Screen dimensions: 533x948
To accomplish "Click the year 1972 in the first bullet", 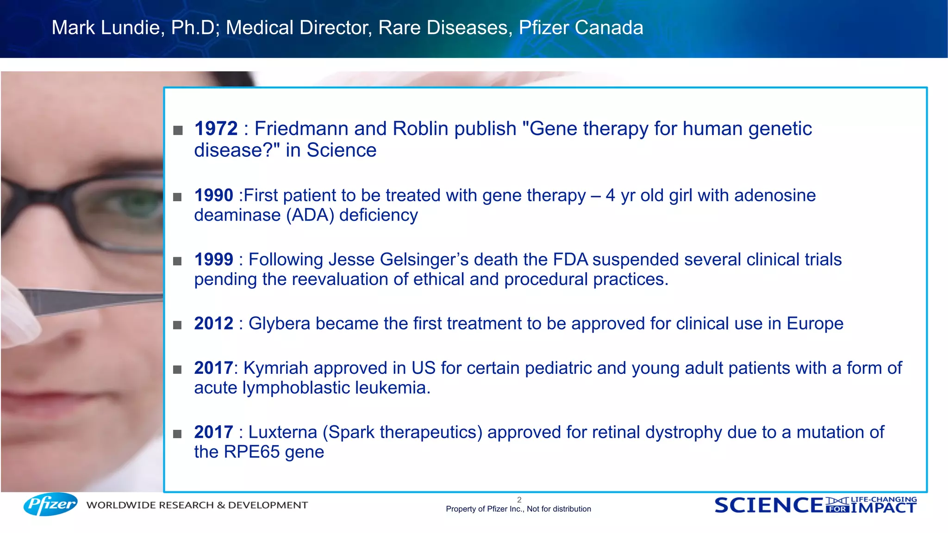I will (x=216, y=129).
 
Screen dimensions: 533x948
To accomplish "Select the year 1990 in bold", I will (x=213, y=195).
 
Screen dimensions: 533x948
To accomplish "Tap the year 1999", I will (x=213, y=260).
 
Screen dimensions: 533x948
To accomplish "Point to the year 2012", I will (x=213, y=323).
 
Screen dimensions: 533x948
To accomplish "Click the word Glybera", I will (x=279, y=323).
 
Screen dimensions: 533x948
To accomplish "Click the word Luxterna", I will (x=282, y=432).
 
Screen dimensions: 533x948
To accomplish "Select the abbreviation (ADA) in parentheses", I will (x=310, y=216).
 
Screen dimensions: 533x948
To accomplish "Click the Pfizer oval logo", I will (x=50, y=504).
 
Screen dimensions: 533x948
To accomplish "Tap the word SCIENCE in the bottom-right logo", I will (x=769, y=505).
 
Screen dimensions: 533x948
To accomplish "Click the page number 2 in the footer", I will (x=519, y=500).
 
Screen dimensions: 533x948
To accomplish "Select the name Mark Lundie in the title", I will (x=106, y=28).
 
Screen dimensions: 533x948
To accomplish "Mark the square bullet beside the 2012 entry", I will (x=177, y=325).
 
